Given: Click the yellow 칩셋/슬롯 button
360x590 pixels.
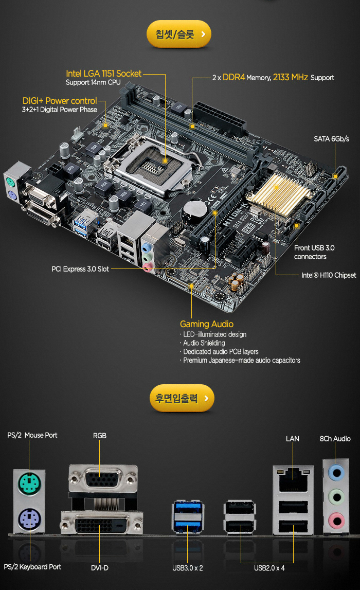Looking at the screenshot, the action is pos(178,34).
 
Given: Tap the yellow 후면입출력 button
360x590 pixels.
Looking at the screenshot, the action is pos(182,398).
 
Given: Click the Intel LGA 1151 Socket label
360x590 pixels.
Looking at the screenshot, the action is pos(103,74).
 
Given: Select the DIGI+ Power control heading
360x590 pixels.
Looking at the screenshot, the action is pos(60,101).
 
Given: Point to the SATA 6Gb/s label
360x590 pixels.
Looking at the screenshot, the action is pos(331,139).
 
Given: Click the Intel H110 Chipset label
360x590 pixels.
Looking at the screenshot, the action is pos(329,275).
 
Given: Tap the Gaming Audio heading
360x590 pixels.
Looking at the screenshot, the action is pos(207,324).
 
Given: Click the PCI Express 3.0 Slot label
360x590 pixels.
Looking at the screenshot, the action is pos(80,269).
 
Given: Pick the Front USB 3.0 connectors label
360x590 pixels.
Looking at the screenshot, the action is pos(314,252).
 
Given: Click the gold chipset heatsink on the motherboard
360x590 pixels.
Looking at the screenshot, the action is pos(278,194).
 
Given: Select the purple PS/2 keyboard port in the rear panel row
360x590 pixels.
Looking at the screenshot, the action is pos(29,519).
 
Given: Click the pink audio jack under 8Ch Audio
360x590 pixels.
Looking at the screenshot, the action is pos(336,521).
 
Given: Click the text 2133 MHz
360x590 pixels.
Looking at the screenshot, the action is pos(291,77).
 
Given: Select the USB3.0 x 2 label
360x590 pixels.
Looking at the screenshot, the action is pos(187,568).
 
